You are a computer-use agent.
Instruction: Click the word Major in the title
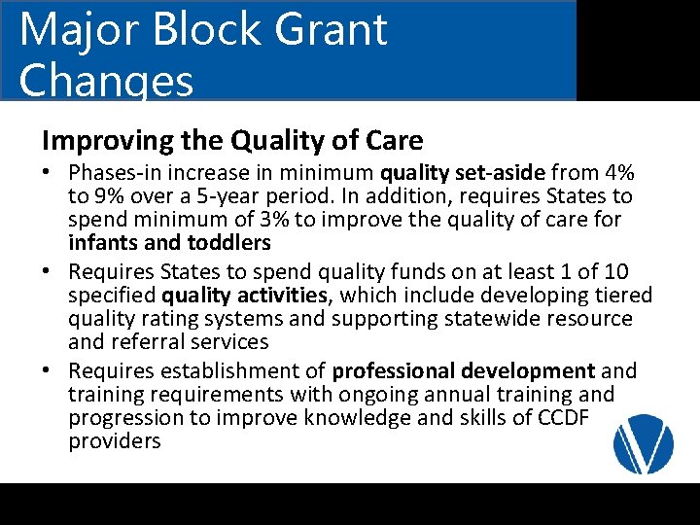73,29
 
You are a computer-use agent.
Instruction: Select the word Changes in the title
106,82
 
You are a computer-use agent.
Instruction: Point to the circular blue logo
643,442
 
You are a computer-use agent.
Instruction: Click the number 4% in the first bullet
617,173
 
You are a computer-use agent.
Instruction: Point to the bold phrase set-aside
507,173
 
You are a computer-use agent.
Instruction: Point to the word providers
114,441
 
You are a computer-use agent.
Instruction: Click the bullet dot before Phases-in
49,173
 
